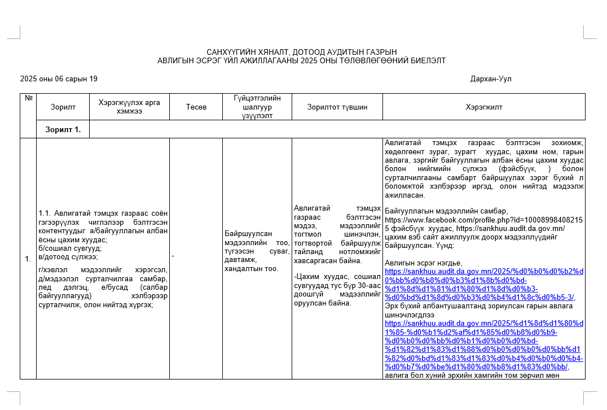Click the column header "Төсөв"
click(196, 107)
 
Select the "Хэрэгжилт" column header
click(483, 107)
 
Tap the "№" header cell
click(28, 98)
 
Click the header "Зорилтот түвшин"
click(337, 107)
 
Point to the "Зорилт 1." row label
click(63, 129)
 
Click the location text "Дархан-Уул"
click(491, 79)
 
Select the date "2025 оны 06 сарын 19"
click(59, 79)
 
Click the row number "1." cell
click(28, 259)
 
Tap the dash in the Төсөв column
click(173, 256)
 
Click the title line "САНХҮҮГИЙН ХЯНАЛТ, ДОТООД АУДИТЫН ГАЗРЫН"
click(302, 52)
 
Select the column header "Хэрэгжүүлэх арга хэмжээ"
click(129, 107)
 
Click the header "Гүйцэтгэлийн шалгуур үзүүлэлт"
click(257, 107)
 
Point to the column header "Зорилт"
click(63, 107)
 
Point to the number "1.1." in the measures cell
click(45, 213)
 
